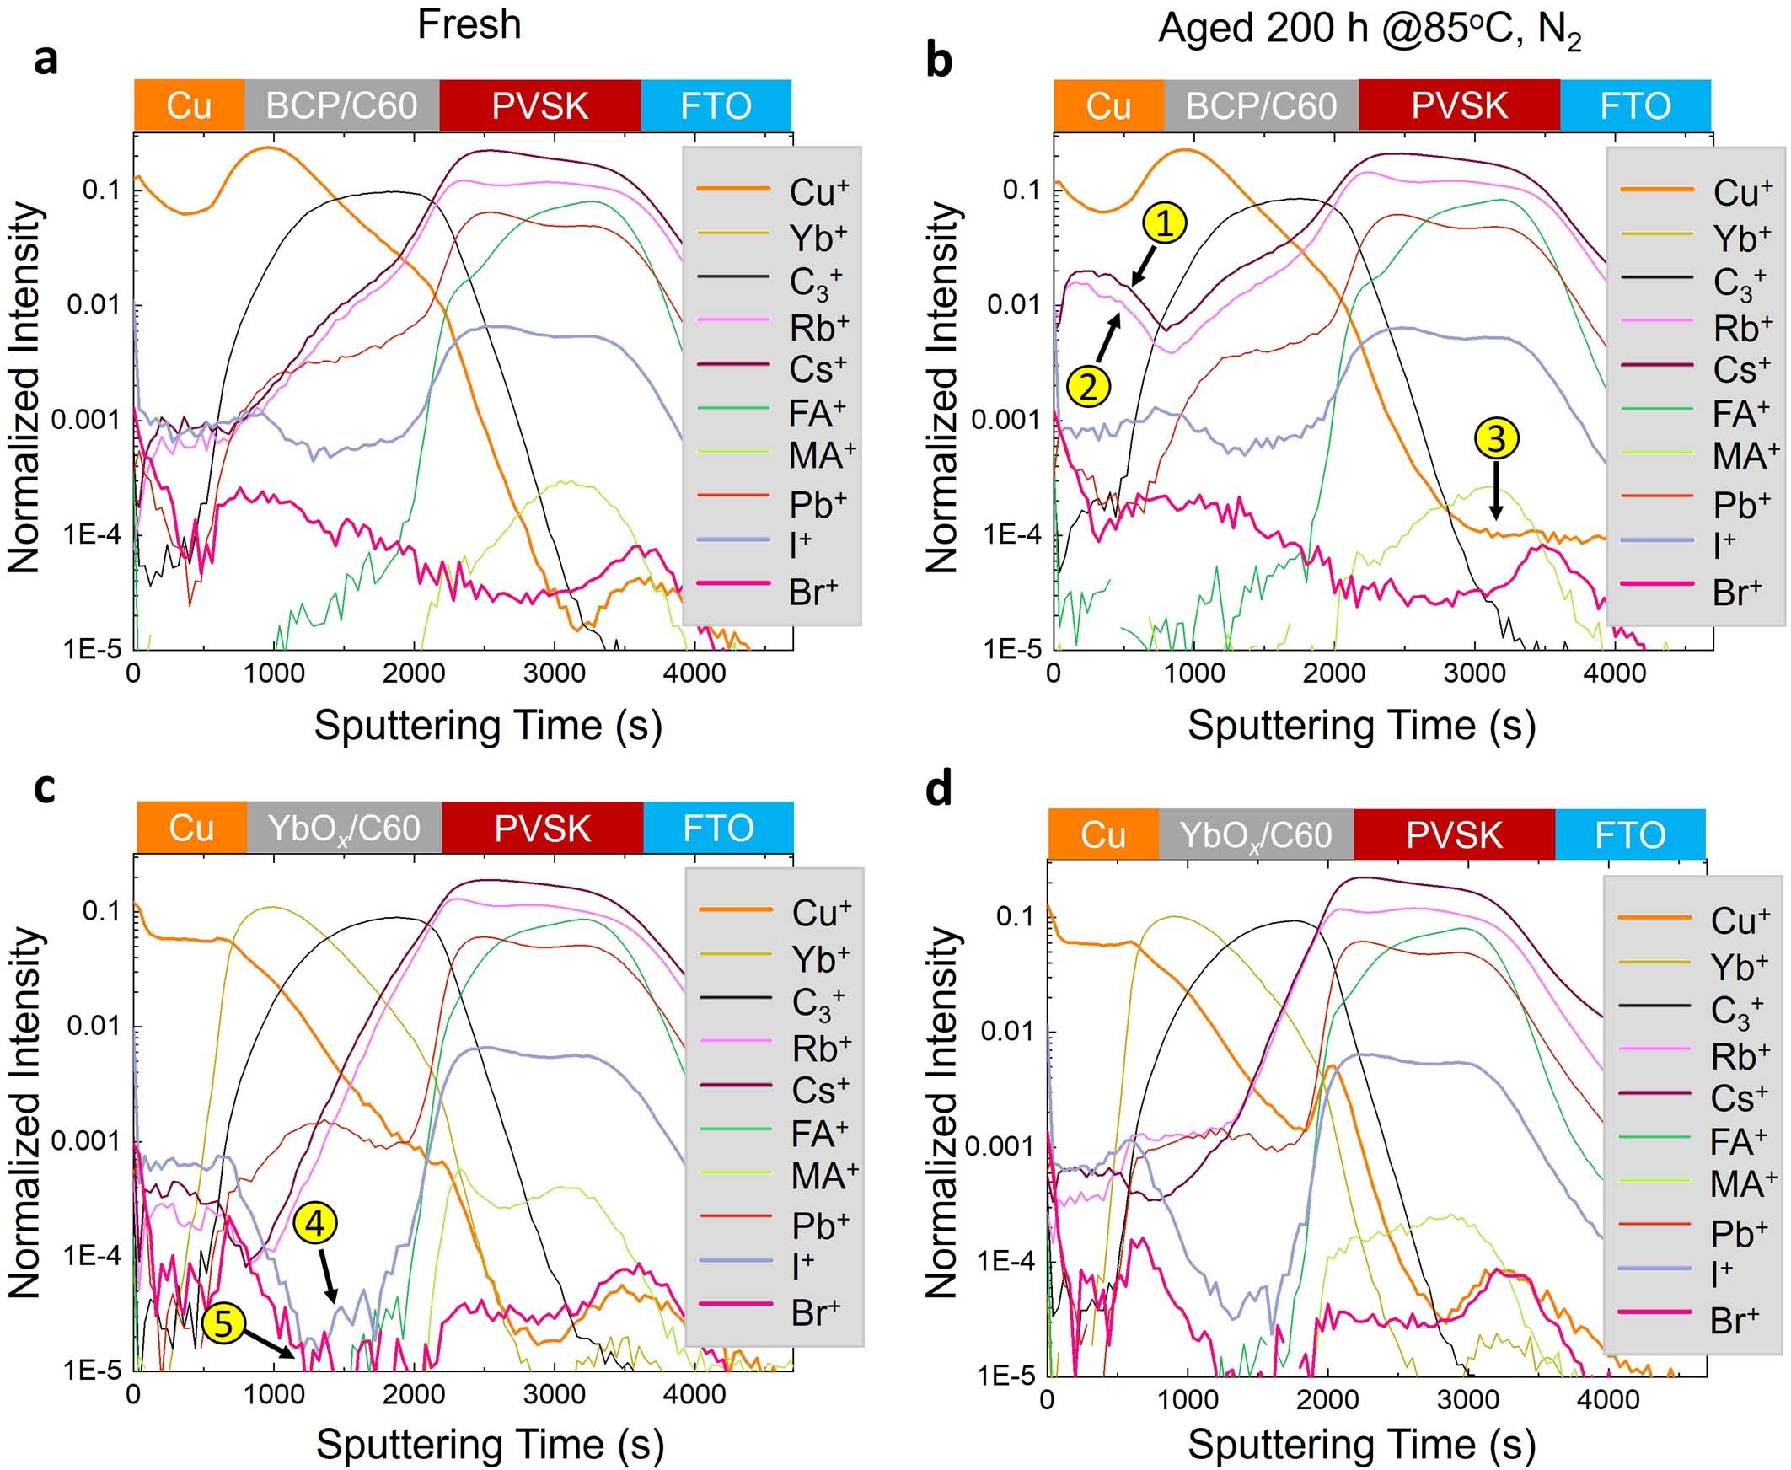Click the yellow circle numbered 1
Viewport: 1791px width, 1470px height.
point(1166,223)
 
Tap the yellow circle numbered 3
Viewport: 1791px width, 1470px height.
point(1496,438)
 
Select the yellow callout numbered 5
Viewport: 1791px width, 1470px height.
point(223,1324)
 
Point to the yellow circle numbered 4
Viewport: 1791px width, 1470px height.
point(316,1224)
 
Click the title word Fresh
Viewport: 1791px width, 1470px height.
point(469,24)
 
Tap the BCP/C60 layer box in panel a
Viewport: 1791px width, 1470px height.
point(341,106)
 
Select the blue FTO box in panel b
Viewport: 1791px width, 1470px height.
point(1634,106)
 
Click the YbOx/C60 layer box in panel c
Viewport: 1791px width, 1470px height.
point(344,828)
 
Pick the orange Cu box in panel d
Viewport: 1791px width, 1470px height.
point(1102,835)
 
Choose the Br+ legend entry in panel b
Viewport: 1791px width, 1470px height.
point(1693,591)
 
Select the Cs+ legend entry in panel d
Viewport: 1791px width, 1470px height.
point(1693,1098)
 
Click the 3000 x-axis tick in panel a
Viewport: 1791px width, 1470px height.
point(553,674)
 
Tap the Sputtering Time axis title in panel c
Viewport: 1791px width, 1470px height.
point(489,1445)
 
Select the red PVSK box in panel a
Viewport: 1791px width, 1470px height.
point(539,106)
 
